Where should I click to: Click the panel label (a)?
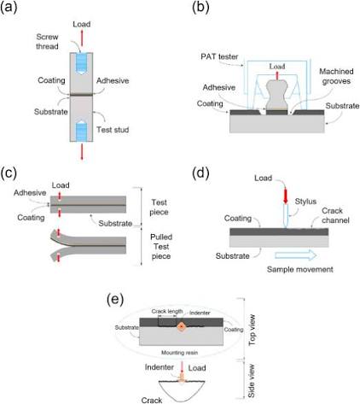(x=9, y=7)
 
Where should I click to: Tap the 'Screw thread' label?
(x=47, y=41)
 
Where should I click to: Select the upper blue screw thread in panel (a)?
(x=81, y=63)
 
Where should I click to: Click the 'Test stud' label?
(x=113, y=130)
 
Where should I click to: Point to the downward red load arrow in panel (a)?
(x=82, y=151)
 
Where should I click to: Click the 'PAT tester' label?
(x=219, y=56)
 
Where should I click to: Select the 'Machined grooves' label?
(x=336, y=76)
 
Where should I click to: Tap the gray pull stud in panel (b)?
(x=276, y=95)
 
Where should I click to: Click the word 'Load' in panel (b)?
(x=277, y=67)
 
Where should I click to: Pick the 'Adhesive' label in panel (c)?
(x=30, y=193)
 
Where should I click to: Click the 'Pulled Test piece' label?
(x=161, y=246)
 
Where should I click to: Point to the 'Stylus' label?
(x=305, y=202)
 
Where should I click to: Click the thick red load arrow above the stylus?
(x=286, y=196)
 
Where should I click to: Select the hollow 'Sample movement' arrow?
(x=296, y=255)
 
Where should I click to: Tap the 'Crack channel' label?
(x=335, y=215)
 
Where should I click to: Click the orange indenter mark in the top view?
(x=181, y=326)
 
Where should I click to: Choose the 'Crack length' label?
(x=167, y=311)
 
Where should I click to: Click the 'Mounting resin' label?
(x=179, y=353)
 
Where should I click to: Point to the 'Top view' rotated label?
(x=252, y=331)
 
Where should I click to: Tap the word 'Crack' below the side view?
(x=152, y=400)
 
